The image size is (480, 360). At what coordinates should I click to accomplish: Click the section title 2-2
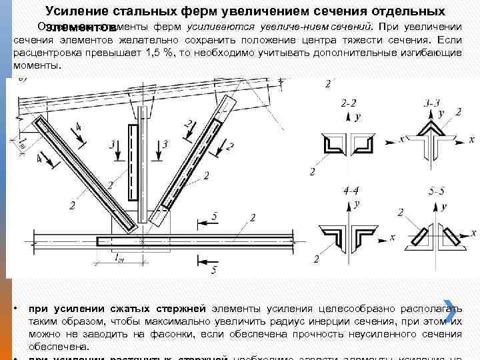(348, 103)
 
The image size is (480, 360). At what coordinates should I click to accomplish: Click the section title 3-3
(432, 103)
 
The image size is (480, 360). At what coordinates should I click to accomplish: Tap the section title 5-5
(437, 191)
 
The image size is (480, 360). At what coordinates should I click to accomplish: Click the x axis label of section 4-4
(393, 237)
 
